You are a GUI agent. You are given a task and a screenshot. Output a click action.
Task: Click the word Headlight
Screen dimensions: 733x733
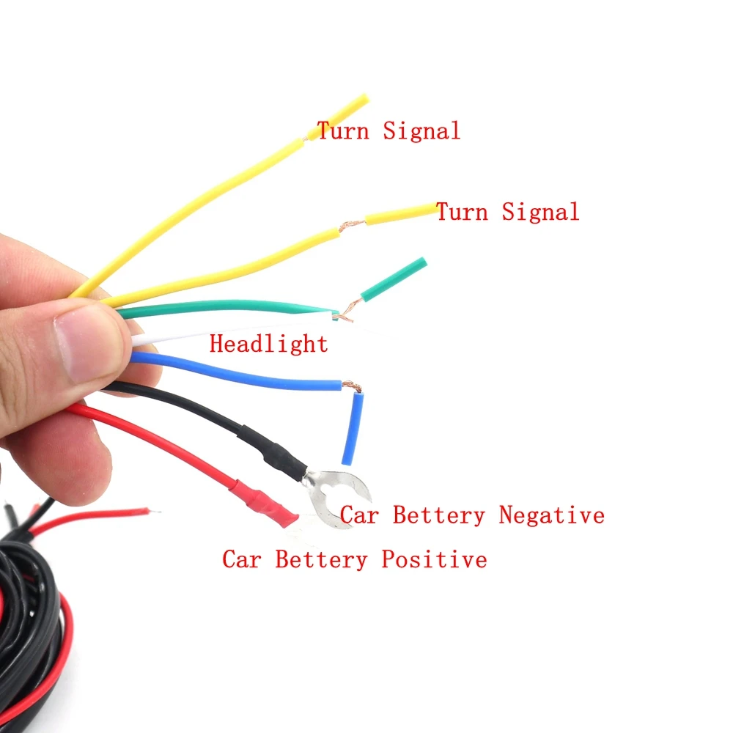click(268, 343)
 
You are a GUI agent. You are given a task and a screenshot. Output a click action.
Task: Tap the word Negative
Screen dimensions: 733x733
click(551, 515)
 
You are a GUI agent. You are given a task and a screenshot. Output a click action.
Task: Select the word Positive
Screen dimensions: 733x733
click(433, 560)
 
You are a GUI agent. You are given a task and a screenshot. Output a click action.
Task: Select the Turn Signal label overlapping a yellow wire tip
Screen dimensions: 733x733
click(388, 131)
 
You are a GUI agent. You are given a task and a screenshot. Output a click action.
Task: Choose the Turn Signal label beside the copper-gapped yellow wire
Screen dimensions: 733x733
click(507, 212)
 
